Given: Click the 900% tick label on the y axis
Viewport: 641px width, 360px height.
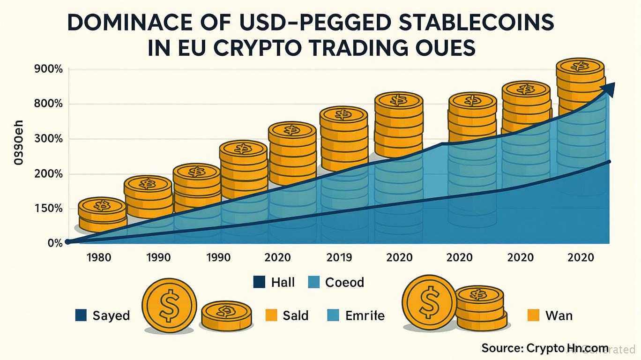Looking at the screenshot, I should tap(49, 69).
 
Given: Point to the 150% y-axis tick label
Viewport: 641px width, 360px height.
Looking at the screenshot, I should tap(49, 209).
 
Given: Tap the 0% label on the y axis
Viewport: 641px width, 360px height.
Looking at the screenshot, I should tap(54, 243).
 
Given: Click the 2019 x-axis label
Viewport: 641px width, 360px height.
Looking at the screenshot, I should tap(339, 257).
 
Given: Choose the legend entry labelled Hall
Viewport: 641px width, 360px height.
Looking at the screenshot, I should tap(283, 282).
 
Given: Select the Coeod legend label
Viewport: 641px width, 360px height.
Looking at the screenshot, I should tap(344, 282).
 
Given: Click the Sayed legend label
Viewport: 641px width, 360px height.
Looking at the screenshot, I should tap(111, 315).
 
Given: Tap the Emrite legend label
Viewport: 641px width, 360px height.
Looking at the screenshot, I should tap(365, 315).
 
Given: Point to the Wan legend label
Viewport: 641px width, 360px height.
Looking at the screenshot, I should tap(559, 315).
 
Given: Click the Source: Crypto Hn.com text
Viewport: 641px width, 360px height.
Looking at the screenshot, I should tap(544, 348).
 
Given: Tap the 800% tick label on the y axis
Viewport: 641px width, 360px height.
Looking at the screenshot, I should tap(49, 104).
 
